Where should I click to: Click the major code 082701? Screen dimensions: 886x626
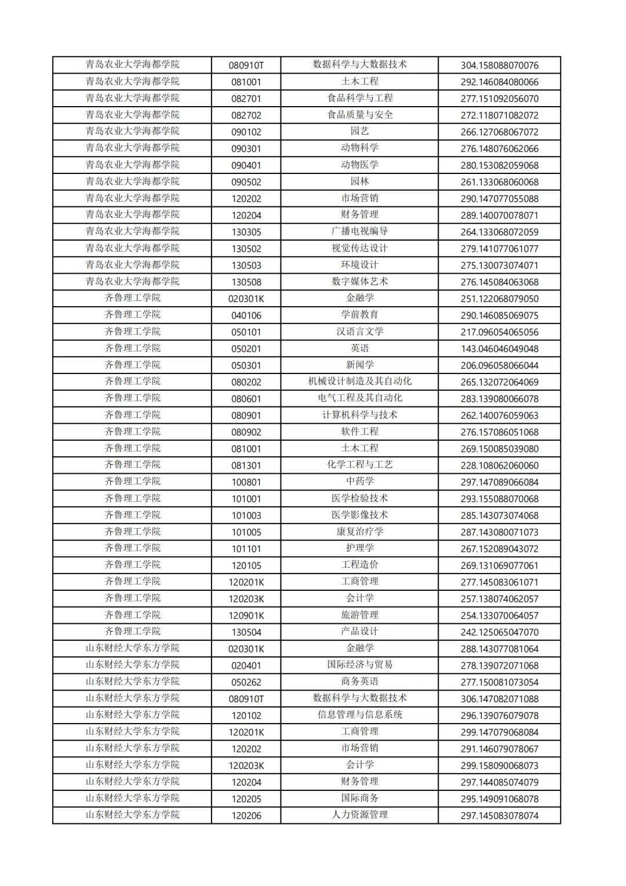click(246, 99)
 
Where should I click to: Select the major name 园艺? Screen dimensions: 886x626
click(359, 132)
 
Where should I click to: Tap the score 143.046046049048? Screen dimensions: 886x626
click(499, 349)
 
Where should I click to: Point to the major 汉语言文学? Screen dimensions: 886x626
click(359, 332)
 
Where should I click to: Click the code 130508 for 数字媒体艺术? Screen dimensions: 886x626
click(246, 282)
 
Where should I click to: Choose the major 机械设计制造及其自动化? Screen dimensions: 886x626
click(359, 382)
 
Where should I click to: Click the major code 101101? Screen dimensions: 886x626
click(246, 549)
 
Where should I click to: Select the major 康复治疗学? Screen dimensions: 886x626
click(359, 532)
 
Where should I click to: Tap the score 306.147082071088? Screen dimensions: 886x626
click(499, 699)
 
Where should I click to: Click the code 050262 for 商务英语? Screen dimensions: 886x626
click(246, 682)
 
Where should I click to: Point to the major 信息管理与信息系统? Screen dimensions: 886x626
click(359, 716)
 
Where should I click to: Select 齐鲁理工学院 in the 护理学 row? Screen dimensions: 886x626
click(132, 549)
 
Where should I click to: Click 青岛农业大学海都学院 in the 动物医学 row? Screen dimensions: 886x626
click(132, 165)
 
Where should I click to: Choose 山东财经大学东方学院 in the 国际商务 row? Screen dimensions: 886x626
click(132, 799)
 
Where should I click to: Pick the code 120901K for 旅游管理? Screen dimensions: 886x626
click(246, 616)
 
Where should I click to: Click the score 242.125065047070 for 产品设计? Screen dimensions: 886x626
click(499, 633)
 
